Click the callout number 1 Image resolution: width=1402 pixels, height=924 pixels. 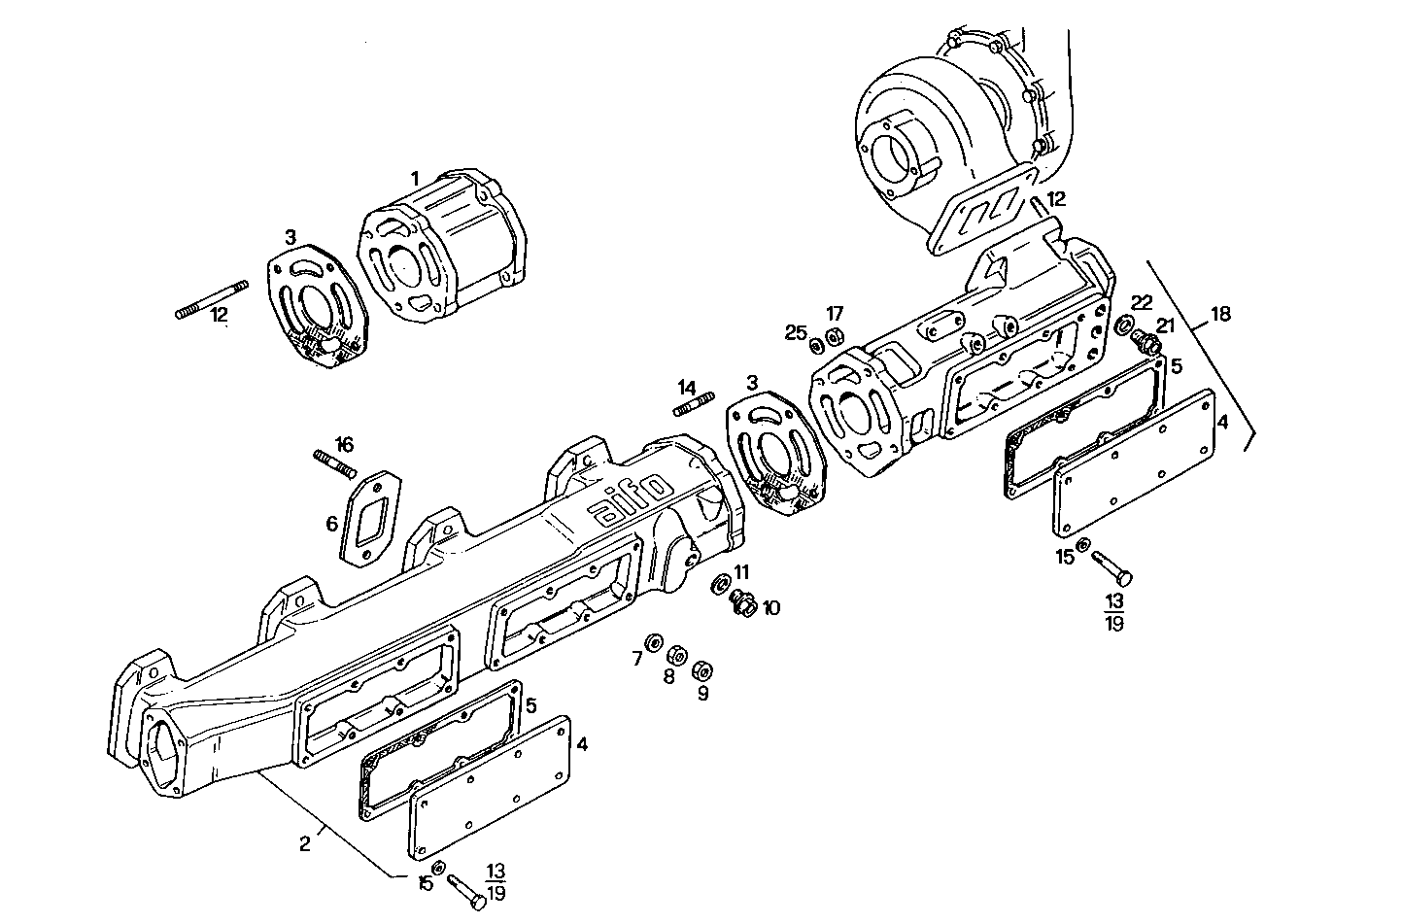(x=414, y=179)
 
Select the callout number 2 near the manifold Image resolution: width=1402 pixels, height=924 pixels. (x=305, y=843)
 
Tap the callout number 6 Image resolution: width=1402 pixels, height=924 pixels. (x=332, y=524)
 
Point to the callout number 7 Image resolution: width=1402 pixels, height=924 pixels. (x=637, y=659)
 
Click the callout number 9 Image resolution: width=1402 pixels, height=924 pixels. (x=702, y=693)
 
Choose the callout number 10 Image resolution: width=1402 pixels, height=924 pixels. (x=771, y=608)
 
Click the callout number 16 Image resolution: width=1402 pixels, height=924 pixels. (x=344, y=445)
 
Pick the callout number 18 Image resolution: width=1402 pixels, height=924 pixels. (x=1220, y=314)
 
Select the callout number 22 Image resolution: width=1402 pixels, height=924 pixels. (x=1142, y=302)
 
